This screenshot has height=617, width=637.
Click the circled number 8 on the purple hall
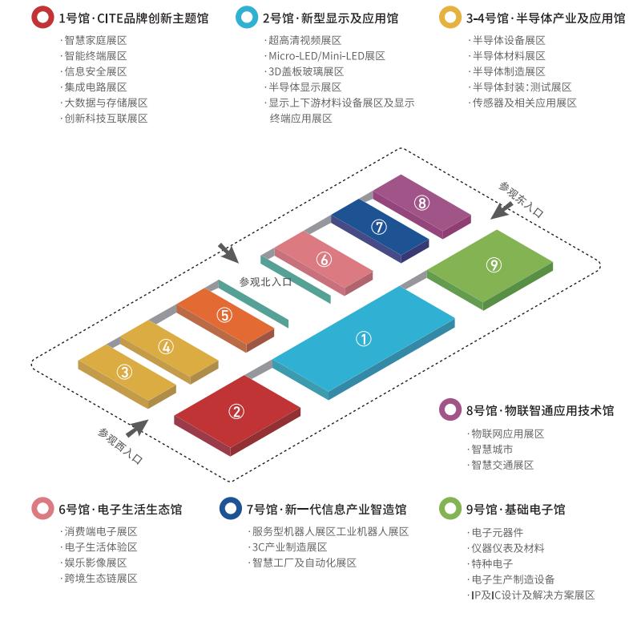pyautogui.click(x=421, y=203)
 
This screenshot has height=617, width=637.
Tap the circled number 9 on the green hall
pyautogui.click(x=494, y=265)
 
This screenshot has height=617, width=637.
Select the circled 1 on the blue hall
pyautogui.click(x=363, y=338)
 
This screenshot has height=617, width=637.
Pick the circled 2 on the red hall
pyautogui.click(x=236, y=412)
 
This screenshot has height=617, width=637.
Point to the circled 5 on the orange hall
pyautogui.click(x=224, y=315)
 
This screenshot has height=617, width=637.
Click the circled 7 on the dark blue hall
pyautogui.click(x=379, y=227)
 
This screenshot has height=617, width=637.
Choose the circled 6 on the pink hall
pyautogui.click(x=324, y=259)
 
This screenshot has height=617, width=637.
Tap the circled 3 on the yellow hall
pyautogui.click(x=124, y=372)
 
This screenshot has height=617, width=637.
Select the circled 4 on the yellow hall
pyautogui.click(x=166, y=346)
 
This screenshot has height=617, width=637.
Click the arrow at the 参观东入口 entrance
pyautogui.click(x=502, y=211)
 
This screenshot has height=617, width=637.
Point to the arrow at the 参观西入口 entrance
pyautogui.click(x=137, y=428)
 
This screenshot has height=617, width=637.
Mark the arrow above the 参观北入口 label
pyautogui.click(x=228, y=253)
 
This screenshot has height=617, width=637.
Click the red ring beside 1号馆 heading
pyautogui.click(x=42, y=18)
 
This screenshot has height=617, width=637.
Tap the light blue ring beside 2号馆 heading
pyautogui.click(x=247, y=18)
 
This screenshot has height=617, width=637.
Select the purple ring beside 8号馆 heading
pyautogui.click(x=450, y=409)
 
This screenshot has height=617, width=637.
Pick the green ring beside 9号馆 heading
pyautogui.click(x=450, y=508)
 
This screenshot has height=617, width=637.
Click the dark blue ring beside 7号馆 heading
pyautogui.click(x=230, y=508)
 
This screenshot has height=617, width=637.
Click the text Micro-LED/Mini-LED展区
pyautogui.click(x=327, y=55)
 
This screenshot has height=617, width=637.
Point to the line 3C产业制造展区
pyautogui.click(x=290, y=547)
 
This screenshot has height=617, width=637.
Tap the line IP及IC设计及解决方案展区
pyautogui.click(x=533, y=595)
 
